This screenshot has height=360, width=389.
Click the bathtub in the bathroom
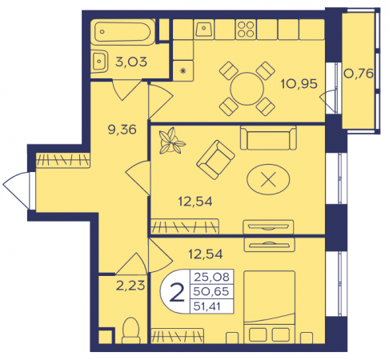(122, 32)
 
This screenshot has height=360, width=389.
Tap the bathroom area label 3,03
(131, 62)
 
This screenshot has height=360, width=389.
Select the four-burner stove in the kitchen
(246, 30)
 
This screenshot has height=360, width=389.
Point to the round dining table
(247, 89)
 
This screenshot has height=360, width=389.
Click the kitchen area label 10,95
(299, 84)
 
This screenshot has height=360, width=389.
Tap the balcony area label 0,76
(359, 74)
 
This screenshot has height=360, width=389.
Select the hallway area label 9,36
(122, 130)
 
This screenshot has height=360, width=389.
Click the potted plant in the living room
(170, 141)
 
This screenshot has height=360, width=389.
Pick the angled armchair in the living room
(215, 160)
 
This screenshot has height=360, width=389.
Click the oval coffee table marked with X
(268, 179)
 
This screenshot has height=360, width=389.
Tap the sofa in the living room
(268, 138)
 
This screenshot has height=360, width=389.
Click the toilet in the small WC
(130, 330)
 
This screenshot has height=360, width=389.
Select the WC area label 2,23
(130, 286)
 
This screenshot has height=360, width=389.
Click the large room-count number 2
(177, 293)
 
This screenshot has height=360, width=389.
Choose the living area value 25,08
(211, 277)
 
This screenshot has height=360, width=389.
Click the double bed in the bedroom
(269, 306)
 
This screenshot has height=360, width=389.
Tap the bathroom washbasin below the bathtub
(99, 62)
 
